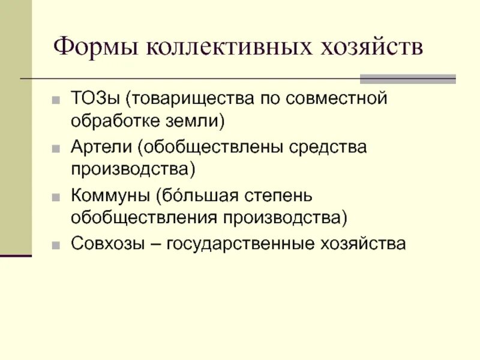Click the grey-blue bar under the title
(407, 79)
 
